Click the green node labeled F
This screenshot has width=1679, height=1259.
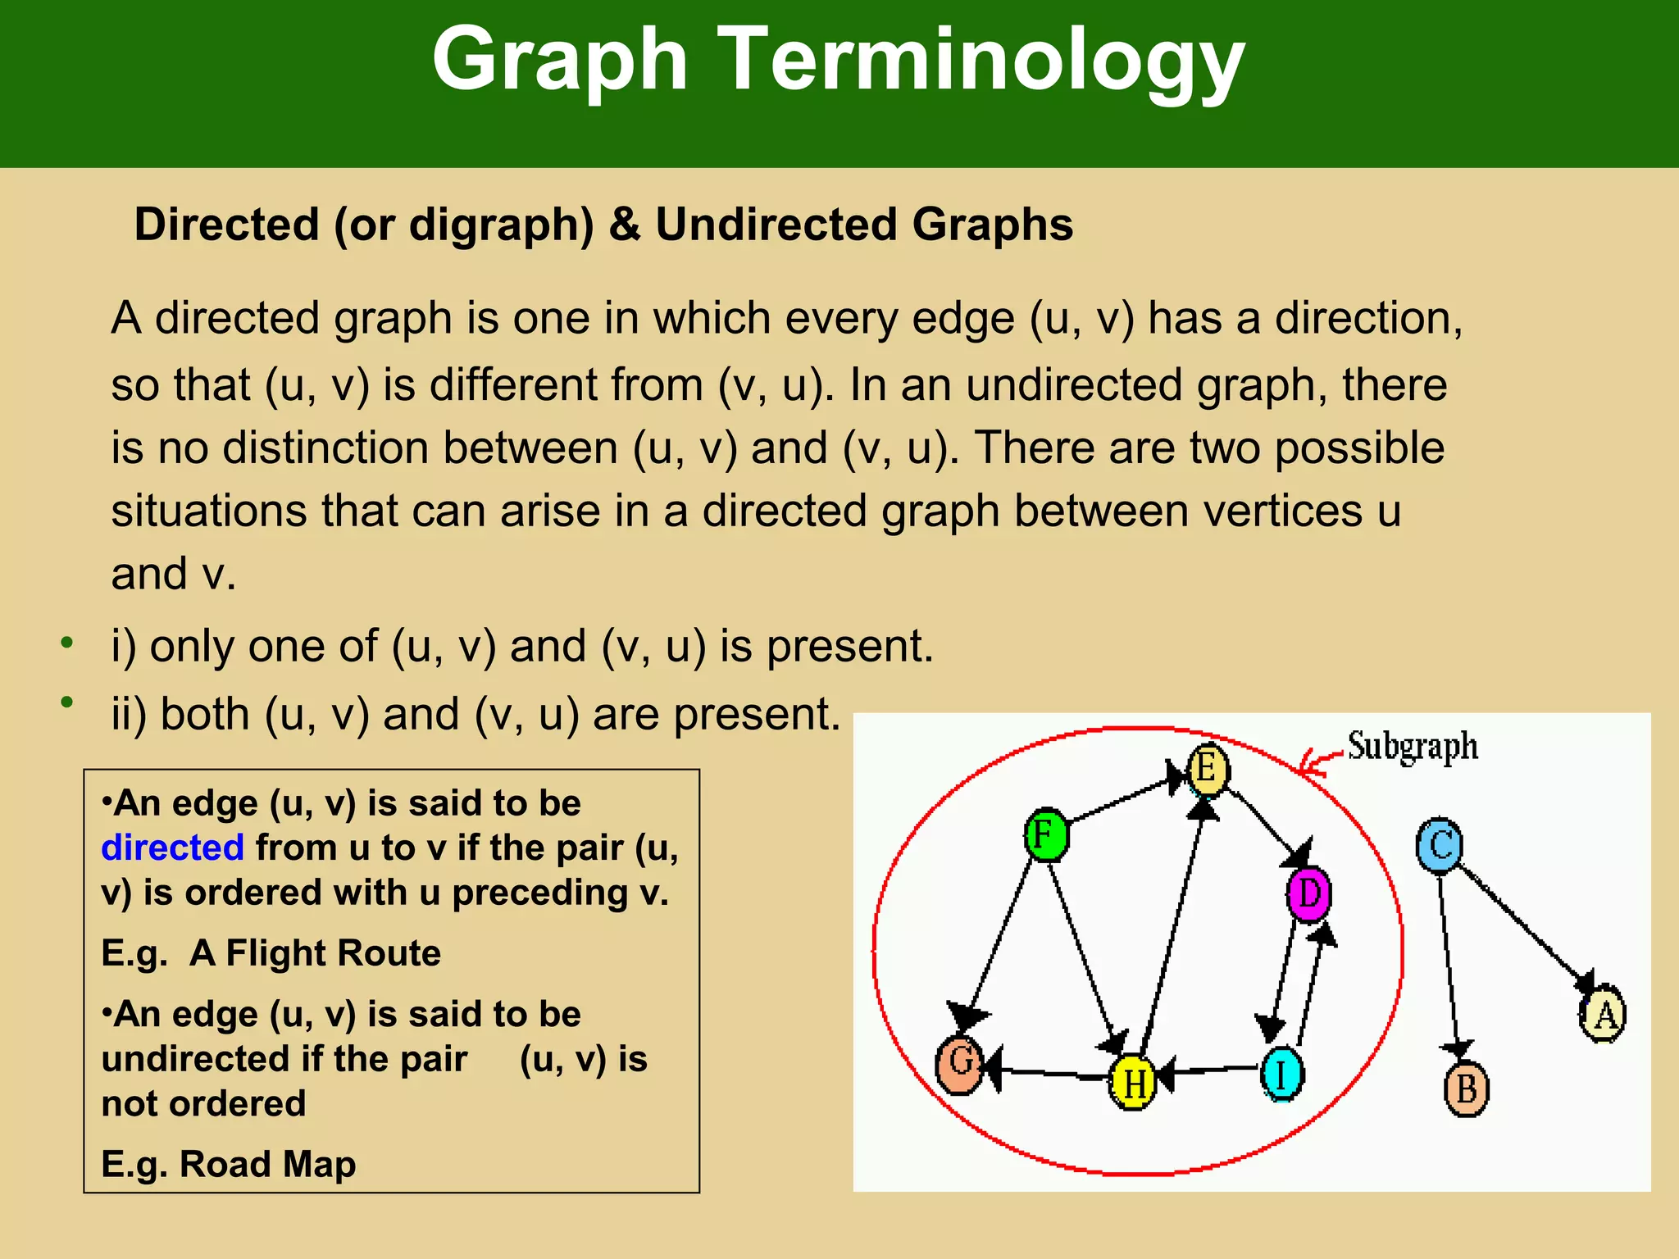pyautogui.click(x=1046, y=835)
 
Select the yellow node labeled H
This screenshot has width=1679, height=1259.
pyautogui.click(x=1132, y=1082)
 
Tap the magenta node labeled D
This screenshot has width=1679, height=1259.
pyautogui.click(x=1308, y=893)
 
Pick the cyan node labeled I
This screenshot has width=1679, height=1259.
pyautogui.click(x=1281, y=1073)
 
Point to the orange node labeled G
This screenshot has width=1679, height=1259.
pyautogui.click(x=960, y=1063)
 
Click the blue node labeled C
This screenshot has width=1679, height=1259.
pyautogui.click(x=1440, y=845)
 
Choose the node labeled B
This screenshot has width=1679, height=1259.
pyautogui.click(x=1466, y=1089)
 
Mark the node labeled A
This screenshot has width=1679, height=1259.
pyautogui.click(x=1603, y=1014)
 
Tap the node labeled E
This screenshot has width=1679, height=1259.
pyautogui.click(x=1208, y=770)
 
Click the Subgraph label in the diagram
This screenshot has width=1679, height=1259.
pyautogui.click(x=1413, y=747)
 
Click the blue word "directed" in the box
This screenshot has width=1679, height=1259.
pyautogui.click(x=172, y=848)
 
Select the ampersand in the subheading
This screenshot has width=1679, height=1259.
pyautogui.click(x=625, y=225)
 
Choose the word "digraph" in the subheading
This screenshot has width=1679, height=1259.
pyautogui.click(x=501, y=225)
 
